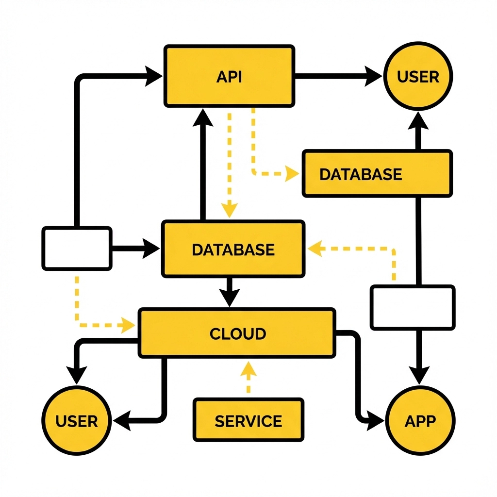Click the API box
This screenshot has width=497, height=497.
229,76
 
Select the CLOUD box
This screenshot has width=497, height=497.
237,333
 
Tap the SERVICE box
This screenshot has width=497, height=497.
248,420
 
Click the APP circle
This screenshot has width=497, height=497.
420,420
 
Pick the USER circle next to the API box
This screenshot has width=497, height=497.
418,77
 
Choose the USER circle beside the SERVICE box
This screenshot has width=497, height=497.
77,420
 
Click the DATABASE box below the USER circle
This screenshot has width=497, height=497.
377,174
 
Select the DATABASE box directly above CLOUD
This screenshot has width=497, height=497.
233,249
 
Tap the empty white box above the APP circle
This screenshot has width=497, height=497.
413,307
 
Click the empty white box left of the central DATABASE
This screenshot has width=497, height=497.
77,248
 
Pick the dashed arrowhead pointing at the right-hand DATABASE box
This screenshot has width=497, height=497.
292,173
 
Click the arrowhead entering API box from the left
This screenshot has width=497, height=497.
154,76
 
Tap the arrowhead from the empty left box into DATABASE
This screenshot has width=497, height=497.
151,249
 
